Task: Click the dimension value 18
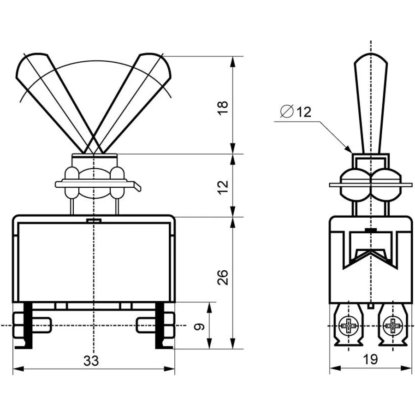coord(223,107)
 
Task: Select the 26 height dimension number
coord(223,278)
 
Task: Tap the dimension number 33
coord(91,361)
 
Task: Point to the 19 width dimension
coord(370,359)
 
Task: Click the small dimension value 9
coord(199,326)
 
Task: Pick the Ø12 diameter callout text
coord(296,112)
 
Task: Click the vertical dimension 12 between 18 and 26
coord(223,187)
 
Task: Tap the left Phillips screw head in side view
coord(348,325)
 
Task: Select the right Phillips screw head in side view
coord(393,325)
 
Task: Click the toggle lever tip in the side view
coord(371,56)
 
